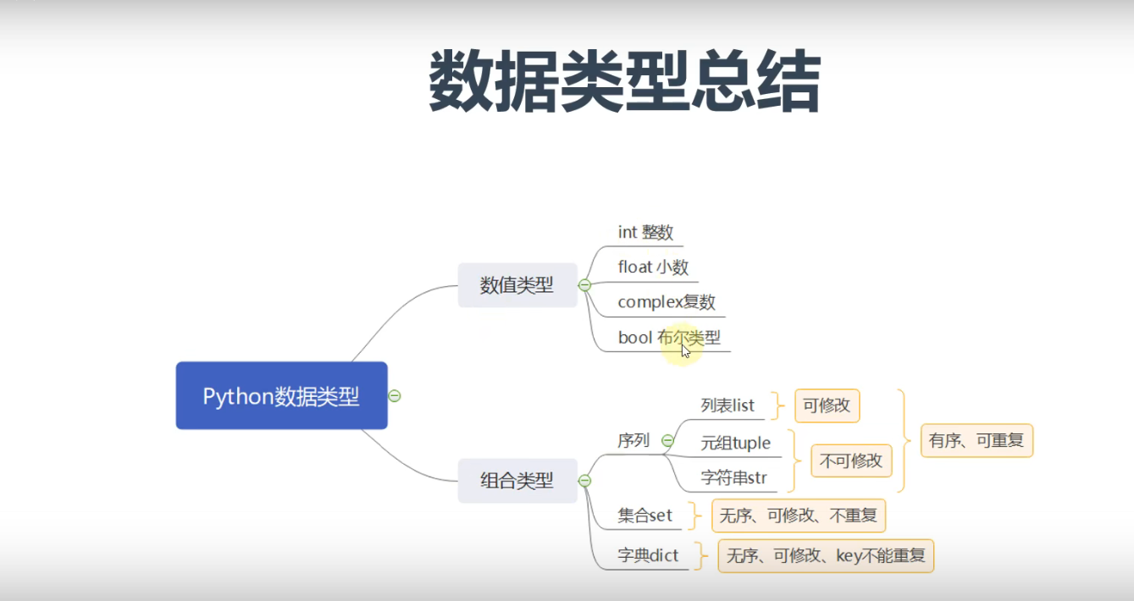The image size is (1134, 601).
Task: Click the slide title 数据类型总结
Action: [x=624, y=81]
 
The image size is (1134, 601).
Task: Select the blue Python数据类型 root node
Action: [x=281, y=396]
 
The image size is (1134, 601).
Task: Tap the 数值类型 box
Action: [x=517, y=285]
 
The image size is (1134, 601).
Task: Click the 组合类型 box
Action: [x=517, y=481]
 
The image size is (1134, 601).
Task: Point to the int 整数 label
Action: [x=645, y=232]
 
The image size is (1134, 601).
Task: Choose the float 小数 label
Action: [x=653, y=267]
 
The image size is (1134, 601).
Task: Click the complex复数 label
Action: [x=667, y=302]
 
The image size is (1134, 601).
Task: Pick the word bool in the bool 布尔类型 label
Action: [x=634, y=338]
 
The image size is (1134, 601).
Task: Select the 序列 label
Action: [x=633, y=440]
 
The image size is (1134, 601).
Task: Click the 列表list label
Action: [x=727, y=405]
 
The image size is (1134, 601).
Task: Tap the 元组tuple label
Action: [x=736, y=443]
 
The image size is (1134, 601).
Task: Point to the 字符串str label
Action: [x=733, y=477]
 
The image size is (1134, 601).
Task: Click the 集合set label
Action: [x=645, y=515]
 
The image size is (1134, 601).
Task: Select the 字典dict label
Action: [x=648, y=556]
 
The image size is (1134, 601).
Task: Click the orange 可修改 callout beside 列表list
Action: [x=827, y=405]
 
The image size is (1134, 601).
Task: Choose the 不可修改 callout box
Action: [x=851, y=460]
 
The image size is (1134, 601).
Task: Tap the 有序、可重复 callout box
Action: [x=976, y=440]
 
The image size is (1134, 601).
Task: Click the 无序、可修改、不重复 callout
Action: [x=799, y=515]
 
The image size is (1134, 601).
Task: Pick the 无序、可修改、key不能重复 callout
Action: [x=826, y=556]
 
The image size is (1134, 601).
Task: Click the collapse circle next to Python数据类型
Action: [x=394, y=396]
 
